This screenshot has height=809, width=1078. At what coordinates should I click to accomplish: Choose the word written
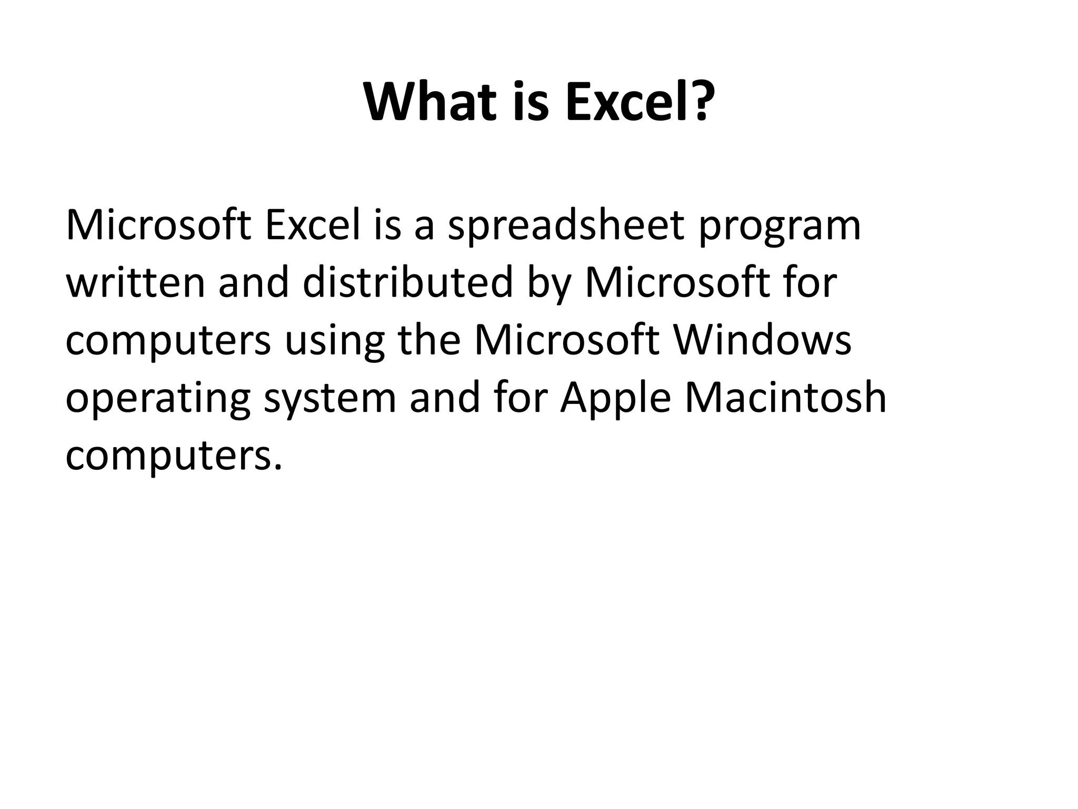tap(135, 282)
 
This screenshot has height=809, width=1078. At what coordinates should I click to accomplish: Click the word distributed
tap(408, 282)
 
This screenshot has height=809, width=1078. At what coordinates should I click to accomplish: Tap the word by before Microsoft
tap(549, 284)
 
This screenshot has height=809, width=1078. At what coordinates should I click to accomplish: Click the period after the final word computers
tap(278, 466)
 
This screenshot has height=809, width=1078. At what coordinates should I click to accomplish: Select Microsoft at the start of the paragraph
tap(158, 225)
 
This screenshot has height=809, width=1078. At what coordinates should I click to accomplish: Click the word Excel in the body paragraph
tap(313, 225)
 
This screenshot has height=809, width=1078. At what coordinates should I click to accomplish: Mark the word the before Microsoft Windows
tap(430, 340)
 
